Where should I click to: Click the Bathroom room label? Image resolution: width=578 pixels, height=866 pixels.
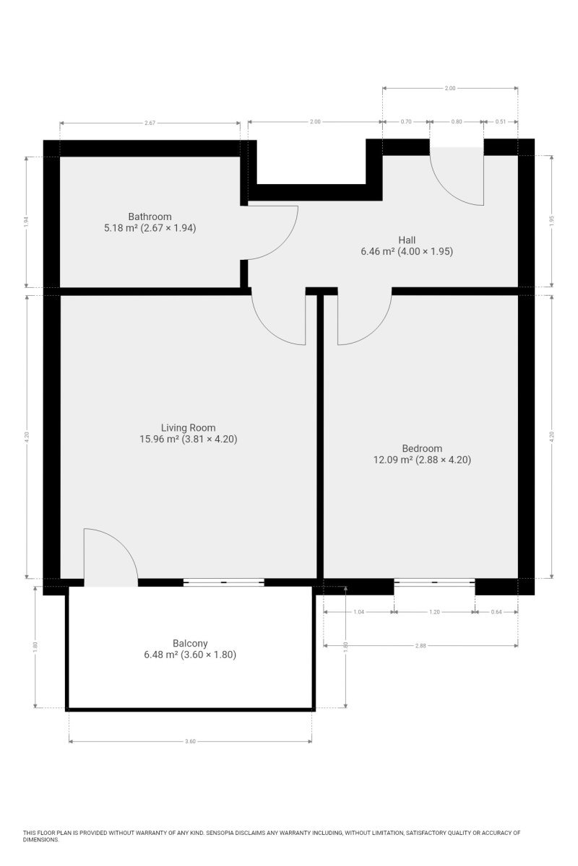pos(150,216)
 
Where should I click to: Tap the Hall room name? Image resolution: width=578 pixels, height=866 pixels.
pos(407,240)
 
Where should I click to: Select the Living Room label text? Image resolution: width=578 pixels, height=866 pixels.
pos(188,428)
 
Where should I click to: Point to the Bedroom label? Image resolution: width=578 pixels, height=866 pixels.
pos(422,448)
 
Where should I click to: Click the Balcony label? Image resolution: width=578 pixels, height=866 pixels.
pos(190,643)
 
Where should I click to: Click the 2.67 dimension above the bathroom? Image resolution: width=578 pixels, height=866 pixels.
pos(150,123)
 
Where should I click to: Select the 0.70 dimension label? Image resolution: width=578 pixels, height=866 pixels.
pos(406,121)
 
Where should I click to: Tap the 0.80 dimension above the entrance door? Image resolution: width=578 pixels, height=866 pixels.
pos(457,121)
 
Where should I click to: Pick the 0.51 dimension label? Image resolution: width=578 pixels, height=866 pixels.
pos(501,121)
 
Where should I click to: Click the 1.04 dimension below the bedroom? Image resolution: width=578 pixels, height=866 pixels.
pos(359,612)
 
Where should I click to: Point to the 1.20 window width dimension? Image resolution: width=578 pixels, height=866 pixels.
pos(435,612)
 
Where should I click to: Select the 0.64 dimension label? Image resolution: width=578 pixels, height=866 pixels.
pos(496,612)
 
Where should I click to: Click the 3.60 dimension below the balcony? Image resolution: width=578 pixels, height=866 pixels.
pos(190,742)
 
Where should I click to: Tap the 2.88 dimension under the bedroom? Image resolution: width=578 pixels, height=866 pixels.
pos(420,646)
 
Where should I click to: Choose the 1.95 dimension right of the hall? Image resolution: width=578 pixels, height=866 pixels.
pos(552,221)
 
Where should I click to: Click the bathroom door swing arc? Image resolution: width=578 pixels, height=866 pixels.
pos(282,242)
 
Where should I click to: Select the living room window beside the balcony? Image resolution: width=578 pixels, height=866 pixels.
pos(224,582)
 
